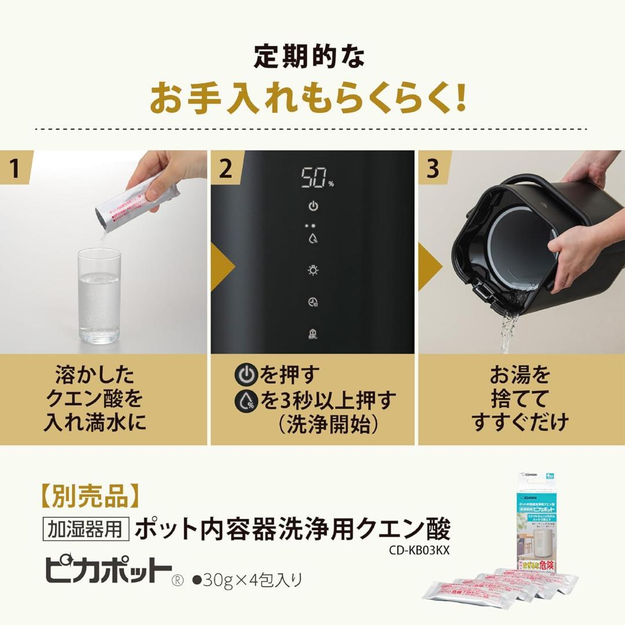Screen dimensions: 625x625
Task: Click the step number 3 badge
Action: pos(433,168)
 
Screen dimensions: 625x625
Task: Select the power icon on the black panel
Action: pos(313,207)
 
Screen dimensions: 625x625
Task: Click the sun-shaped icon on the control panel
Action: pos(313,270)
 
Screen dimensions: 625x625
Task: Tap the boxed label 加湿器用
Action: pos(86,530)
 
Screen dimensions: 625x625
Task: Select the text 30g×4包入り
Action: pos(251,579)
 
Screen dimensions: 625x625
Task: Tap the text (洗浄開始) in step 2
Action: pos(328,424)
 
